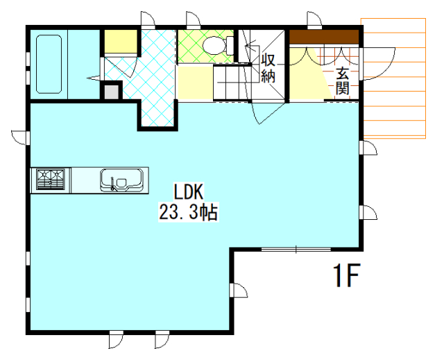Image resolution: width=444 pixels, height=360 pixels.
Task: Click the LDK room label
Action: click(x=188, y=192)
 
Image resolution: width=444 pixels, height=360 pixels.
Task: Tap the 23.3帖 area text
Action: click(x=188, y=212)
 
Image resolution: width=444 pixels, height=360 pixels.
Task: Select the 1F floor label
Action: click(x=346, y=275)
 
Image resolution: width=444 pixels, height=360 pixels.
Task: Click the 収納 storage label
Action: click(x=268, y=68)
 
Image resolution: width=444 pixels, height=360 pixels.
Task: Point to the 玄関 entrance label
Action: click(x=342, y=82)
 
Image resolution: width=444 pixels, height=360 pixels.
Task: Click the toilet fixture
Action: click(x=217, y=45)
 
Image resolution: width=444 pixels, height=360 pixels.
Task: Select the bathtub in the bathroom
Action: click(x=49, y=64)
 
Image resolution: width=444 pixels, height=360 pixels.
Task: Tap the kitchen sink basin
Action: click(x=121, y=180)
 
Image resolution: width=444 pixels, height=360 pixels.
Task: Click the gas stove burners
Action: click(x=51, y=179)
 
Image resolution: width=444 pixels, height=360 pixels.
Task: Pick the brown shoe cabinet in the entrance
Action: click(x=324, y=37)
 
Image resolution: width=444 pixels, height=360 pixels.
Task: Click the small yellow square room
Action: click(x=121, y=41)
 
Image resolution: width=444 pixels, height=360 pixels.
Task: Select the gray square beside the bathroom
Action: click(x=111, y=92)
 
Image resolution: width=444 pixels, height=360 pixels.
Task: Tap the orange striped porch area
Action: click(x=393, y=78)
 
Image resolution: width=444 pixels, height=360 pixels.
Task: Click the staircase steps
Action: click(x=232, y=82)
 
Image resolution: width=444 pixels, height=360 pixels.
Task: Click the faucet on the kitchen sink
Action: click(x=112, y=183)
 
